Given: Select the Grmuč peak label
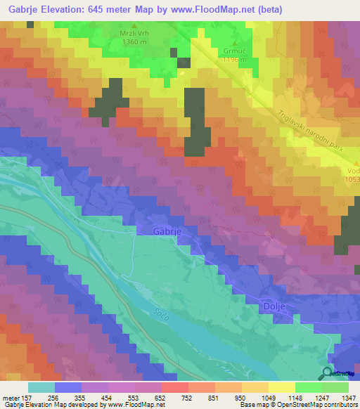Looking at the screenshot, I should (235, 51).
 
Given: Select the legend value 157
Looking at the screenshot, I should (28, 397).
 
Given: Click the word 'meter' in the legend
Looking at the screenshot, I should (11, 397).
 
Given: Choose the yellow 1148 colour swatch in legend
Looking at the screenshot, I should (282, 387).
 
